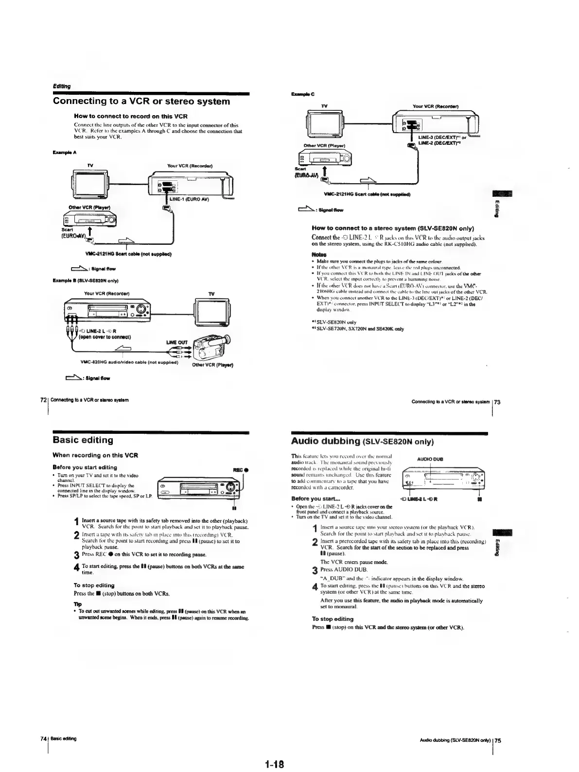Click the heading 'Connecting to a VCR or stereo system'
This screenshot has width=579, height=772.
tap(141, 102)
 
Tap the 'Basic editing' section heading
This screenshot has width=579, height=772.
tap(83, 440)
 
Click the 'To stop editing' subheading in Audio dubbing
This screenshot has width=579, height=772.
tap(333, 619)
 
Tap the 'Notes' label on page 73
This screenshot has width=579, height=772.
tap(318, 254)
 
